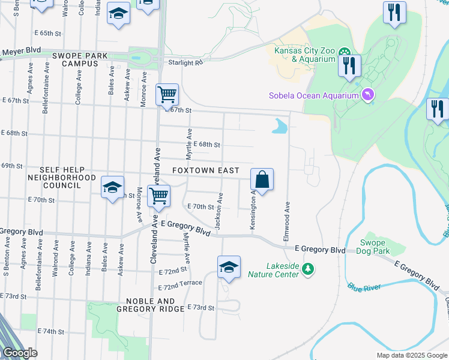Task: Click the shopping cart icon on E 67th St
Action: click(167, 95)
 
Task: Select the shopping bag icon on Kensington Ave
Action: click(262, 179)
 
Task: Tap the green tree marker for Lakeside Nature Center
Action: click(308, 268)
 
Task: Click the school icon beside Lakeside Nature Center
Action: click(229, 267)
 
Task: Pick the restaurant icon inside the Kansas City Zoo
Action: click(349, 65)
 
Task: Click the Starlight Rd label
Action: click(187, 61)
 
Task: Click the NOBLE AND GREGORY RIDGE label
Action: click(150, 305)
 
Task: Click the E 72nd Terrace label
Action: click(181, 281)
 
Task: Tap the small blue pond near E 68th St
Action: click(279, 127)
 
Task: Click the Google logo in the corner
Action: click(20, 353)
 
